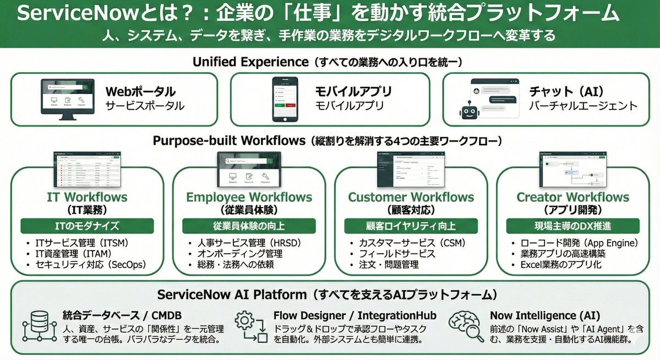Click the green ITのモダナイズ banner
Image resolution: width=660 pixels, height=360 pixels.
click(x=87, y=226)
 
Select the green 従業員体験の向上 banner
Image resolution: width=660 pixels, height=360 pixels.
click(x=249, y=226)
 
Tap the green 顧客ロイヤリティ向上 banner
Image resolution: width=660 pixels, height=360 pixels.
click(x=411, y=226)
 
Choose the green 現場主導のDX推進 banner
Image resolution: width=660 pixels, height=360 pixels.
click(x=572, y=226)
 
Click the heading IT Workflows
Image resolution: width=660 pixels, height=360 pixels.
click(x=87, y=197)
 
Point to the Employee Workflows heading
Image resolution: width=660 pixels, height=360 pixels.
click(x=249, y=197)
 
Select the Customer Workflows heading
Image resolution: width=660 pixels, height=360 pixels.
click(x=411, y=197)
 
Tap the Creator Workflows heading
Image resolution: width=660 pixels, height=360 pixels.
click(x=572, y=197)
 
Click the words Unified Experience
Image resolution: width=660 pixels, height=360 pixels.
click(x=250, y=62)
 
